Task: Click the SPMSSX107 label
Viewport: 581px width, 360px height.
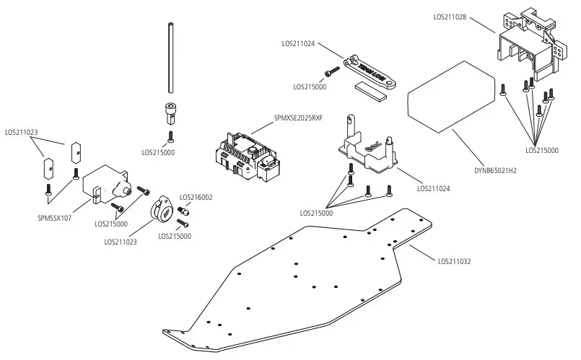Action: (x=55, y=216)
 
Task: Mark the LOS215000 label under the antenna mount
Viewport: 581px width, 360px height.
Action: (x=159, y=153)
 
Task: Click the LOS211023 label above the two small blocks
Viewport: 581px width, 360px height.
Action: (x=22, y=132)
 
